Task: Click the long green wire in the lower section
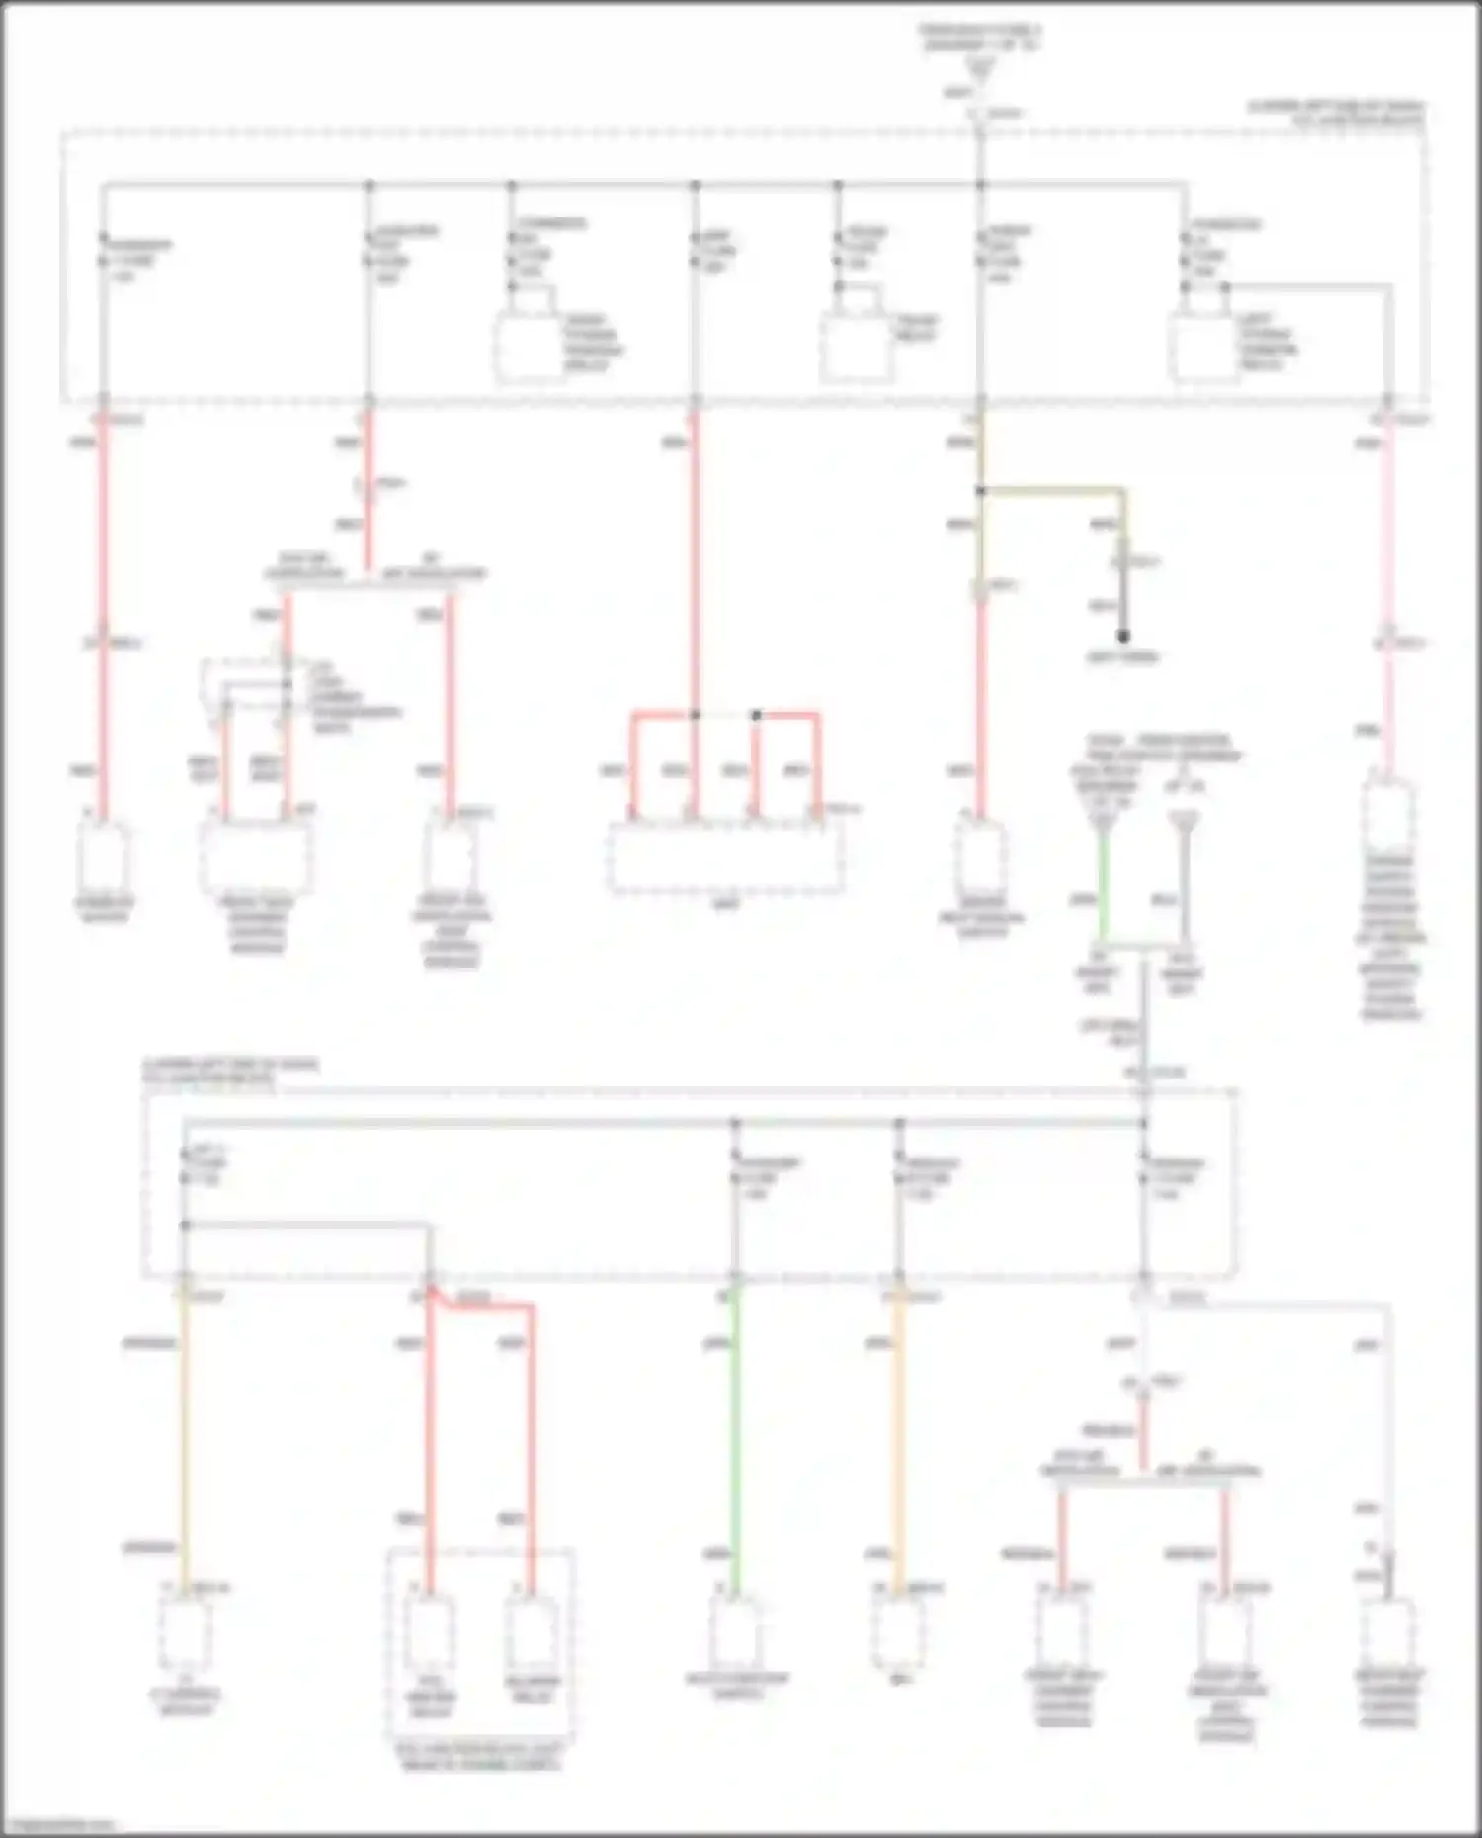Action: [734, 1432]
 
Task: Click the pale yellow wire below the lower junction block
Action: [184, 1432]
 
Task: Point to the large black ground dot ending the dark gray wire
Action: [1123, 637]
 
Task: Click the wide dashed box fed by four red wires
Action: [726, 856]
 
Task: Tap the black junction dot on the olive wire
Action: [980, 490]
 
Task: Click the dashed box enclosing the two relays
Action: [481, 1659]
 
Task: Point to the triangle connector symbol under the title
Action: [980, 69]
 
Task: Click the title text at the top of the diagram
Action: [980, 38]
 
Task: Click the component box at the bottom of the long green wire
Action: [735, 1632]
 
